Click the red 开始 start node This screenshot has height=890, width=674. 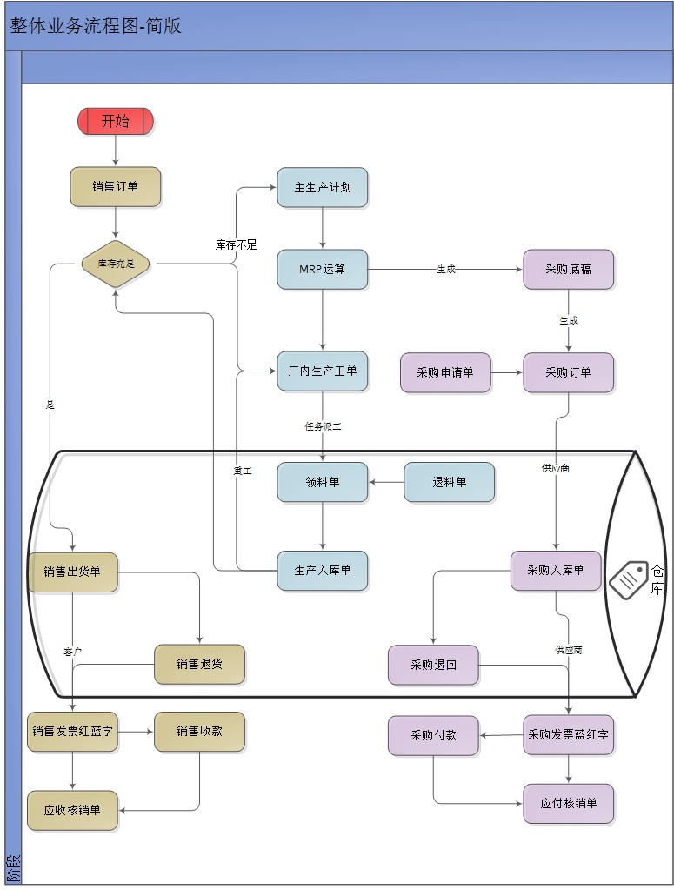116,121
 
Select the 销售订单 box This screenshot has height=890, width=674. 116,186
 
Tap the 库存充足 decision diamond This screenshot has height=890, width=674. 116,263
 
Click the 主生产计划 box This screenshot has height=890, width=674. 323,187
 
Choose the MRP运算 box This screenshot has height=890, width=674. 323,270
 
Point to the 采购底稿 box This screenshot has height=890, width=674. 569,270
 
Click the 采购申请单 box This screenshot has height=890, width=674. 445,372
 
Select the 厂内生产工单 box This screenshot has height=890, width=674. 323,371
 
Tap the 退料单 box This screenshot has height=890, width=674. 450,482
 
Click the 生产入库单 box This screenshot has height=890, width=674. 323,571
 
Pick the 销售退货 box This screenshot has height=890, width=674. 200,664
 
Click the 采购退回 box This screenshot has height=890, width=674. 433,665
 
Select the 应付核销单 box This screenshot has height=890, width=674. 569,803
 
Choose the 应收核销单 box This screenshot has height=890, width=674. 72,810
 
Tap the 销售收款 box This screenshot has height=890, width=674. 200,732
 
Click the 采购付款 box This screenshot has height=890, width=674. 433,735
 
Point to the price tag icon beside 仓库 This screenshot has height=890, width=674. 629,579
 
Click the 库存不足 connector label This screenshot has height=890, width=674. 237,244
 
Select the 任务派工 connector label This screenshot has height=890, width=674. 323,427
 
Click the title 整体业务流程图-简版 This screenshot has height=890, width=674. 96,26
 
